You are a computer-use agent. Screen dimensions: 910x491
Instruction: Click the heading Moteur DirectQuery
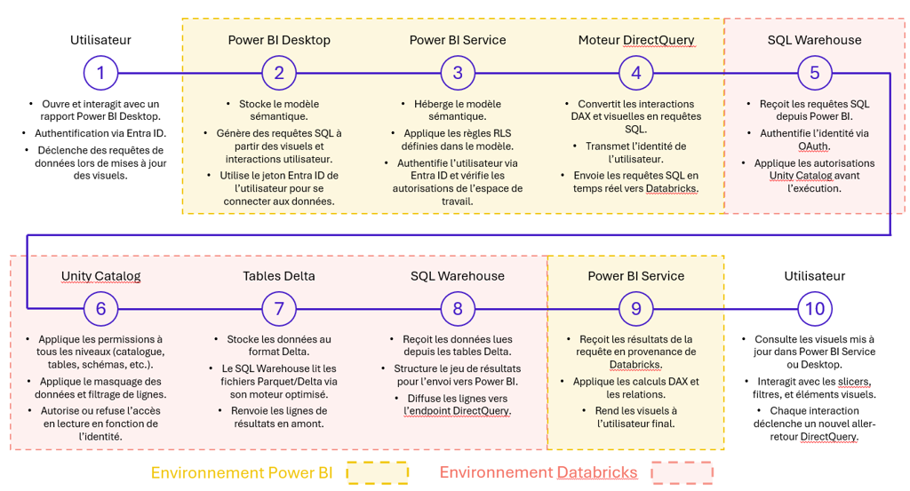point(636,40)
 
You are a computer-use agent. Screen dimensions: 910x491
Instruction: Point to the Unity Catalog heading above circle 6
point(101,276)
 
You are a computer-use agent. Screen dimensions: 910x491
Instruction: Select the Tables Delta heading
point(279,276)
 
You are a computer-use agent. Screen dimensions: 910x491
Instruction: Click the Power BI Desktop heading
point(279,40)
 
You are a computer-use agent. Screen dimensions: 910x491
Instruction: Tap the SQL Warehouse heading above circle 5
point(814,40)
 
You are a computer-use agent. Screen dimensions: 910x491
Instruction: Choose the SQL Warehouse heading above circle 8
point(458,276)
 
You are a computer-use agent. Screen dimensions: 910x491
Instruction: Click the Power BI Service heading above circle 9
point(636,276)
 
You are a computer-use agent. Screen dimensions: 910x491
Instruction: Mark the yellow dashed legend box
point(378,473)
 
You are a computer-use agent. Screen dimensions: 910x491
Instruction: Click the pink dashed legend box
point(682,473)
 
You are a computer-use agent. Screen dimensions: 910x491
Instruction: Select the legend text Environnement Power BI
point(242,473)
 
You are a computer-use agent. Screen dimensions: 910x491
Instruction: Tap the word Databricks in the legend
point(597,473)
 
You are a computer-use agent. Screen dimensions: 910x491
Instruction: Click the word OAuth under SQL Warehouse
point(814,147)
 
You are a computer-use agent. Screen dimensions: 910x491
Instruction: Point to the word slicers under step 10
point(854,382)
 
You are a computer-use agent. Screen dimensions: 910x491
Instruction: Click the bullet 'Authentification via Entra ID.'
point(100,133)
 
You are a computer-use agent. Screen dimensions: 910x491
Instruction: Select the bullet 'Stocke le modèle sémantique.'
point(279,110)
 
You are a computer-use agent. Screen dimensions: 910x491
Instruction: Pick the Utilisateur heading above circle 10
point(814,276)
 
